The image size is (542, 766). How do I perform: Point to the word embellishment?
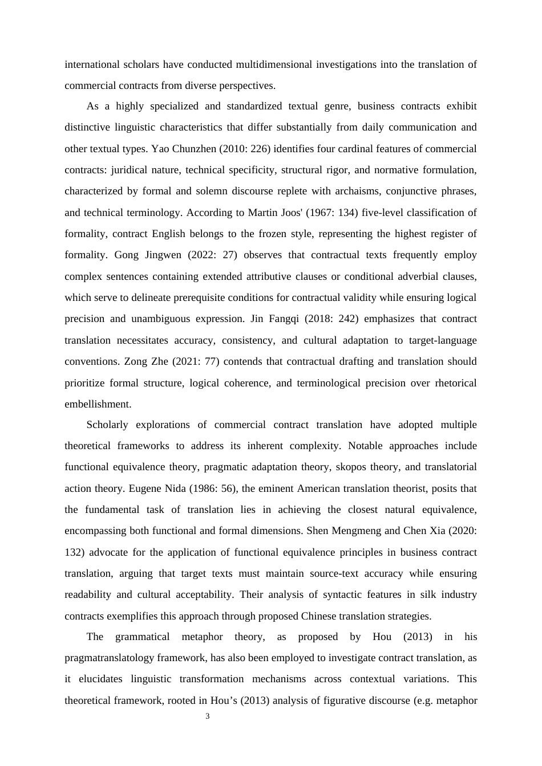tap(98, 404)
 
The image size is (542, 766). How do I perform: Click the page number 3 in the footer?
tap(207, 716)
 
